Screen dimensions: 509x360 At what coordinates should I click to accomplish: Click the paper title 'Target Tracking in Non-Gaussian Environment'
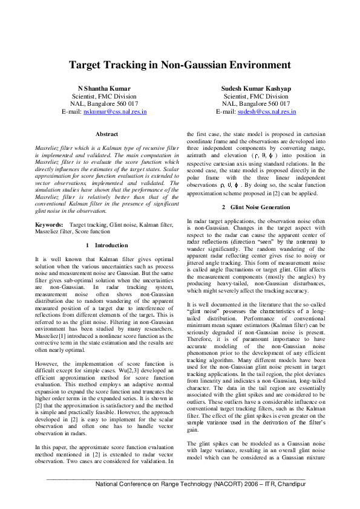point(179,65)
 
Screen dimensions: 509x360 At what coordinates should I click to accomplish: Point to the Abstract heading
point(107,134)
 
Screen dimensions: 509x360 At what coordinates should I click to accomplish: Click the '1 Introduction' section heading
point(107,245)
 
